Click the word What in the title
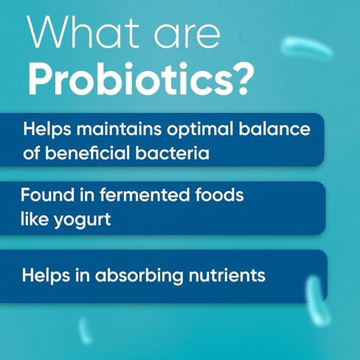tap(83, 32)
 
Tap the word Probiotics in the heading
tap(130, 79)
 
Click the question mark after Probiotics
tap(243, 79)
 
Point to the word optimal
tap(200, 130)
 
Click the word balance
tap(274, 129)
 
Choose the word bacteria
tap(172, 153)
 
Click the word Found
tap(47, 195)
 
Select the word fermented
tap(145, 195)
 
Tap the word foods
tap(219, 195)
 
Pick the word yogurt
tap(83, 220)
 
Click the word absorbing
tap(139, 275)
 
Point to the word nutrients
tap(227, 275)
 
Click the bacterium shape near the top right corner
tap(306, 47)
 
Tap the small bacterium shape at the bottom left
tap(85, 331)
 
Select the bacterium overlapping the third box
tap(317, 300)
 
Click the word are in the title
tap(187, 36)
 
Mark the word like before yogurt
tap(35, 218)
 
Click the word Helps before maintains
tap(47, 129)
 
